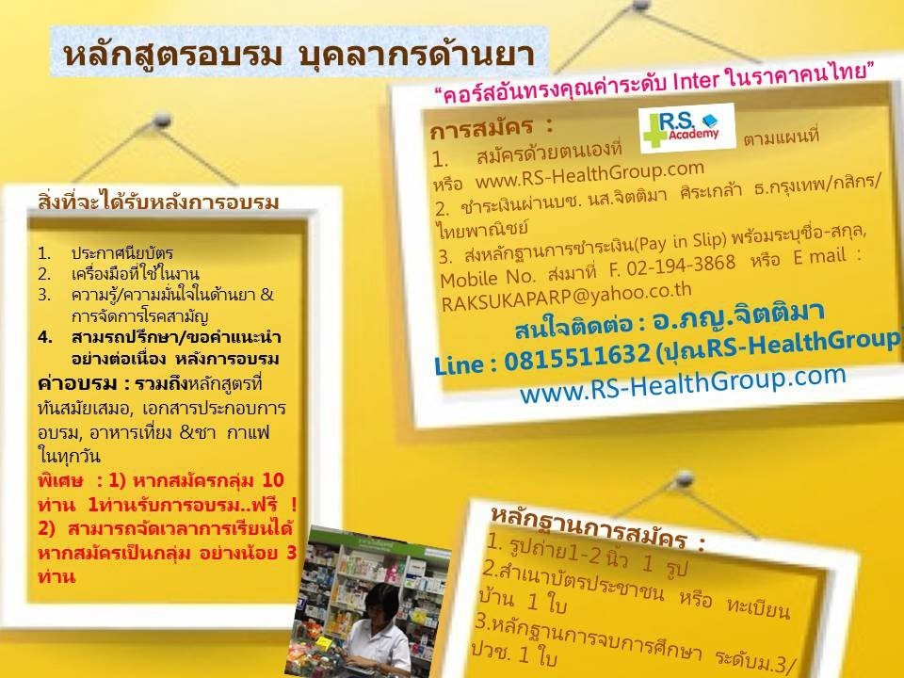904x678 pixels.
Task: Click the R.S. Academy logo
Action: [x=687, y=128]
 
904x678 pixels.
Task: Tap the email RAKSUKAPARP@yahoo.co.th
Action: [x=566, y=296]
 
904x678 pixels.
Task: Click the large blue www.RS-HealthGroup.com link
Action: [x=683, y=383]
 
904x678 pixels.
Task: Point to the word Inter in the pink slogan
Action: [x=695, y=80]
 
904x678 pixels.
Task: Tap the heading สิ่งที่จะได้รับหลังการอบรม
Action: [x=158, y=201]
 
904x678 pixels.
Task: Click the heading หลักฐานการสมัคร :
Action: [x=598, y=526]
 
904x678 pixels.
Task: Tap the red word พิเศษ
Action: [x=60, y=480]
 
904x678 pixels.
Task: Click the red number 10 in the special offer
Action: [x=272, y=479]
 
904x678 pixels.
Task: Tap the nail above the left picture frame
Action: [x=163, y=120]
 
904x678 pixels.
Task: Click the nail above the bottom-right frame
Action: [x=685, y=478]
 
